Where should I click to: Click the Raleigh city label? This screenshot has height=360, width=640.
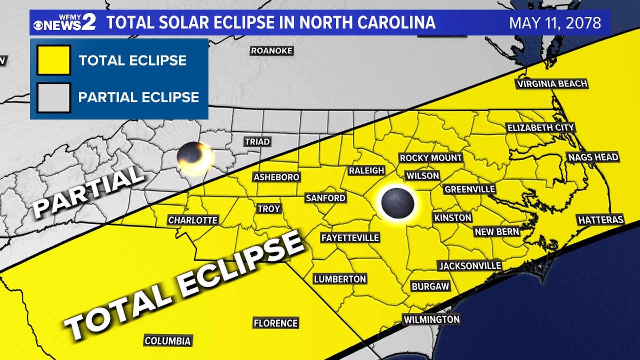(x=366, y=171)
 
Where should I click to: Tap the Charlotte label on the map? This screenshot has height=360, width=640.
(x=193, y=220)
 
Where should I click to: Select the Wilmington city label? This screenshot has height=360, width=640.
(x=431, y=320)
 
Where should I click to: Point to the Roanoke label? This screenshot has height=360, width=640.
(x=271, y=51)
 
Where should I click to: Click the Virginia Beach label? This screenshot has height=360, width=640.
(x=552, y=84)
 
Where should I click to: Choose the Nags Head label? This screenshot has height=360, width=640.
(x=593, y=157)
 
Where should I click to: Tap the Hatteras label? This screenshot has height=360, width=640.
(x=600, y=220)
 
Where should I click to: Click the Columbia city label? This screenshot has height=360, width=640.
(x=168, y=341)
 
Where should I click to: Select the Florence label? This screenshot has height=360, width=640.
(x=275, y=323)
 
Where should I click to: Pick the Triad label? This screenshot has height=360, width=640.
(x=257, y=142)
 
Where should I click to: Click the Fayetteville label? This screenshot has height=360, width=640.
(x=350, y=238)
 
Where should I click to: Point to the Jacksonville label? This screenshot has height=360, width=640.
(x=470, y=266)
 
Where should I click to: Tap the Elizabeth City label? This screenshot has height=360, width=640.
(x=540, y=128)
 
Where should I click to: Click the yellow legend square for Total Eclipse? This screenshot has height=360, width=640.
(x=54, y=60)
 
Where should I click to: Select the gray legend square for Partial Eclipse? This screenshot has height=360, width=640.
(x=54, y=98)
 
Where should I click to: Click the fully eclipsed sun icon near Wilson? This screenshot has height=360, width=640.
(x=398, y=203)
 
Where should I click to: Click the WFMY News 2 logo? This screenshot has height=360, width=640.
(x=65, y=22)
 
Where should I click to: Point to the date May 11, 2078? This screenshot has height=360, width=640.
(x=555, y=23)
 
